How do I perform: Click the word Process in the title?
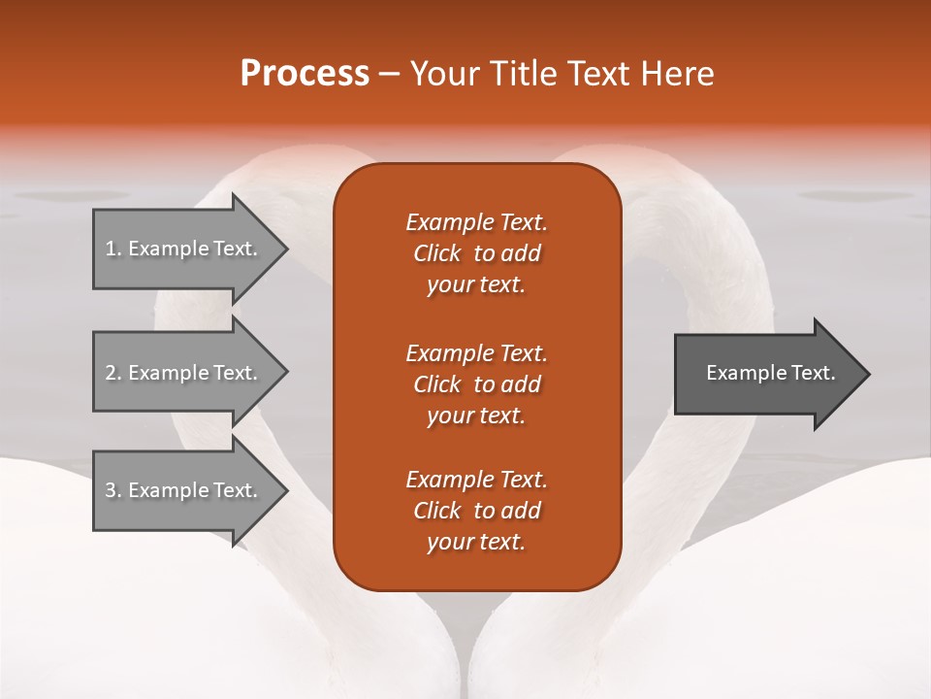(x=305, y=74)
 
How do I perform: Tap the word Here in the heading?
(x=676, y=74)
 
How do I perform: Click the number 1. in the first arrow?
(x=113, y=249)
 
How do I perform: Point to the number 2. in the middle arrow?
(x=113, y=373)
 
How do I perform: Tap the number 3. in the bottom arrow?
(x=113, y=490)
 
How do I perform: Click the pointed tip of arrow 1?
(x=284, y=249)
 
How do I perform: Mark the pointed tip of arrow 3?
(x=284, y=490)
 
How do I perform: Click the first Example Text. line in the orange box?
(x=476, y=222)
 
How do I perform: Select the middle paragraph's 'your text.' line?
(x=476, y=416)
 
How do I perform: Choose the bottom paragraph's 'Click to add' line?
(x=476, y=511)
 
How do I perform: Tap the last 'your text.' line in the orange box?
(x=476, y=543)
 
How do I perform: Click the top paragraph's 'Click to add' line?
(x=476, y=253)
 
